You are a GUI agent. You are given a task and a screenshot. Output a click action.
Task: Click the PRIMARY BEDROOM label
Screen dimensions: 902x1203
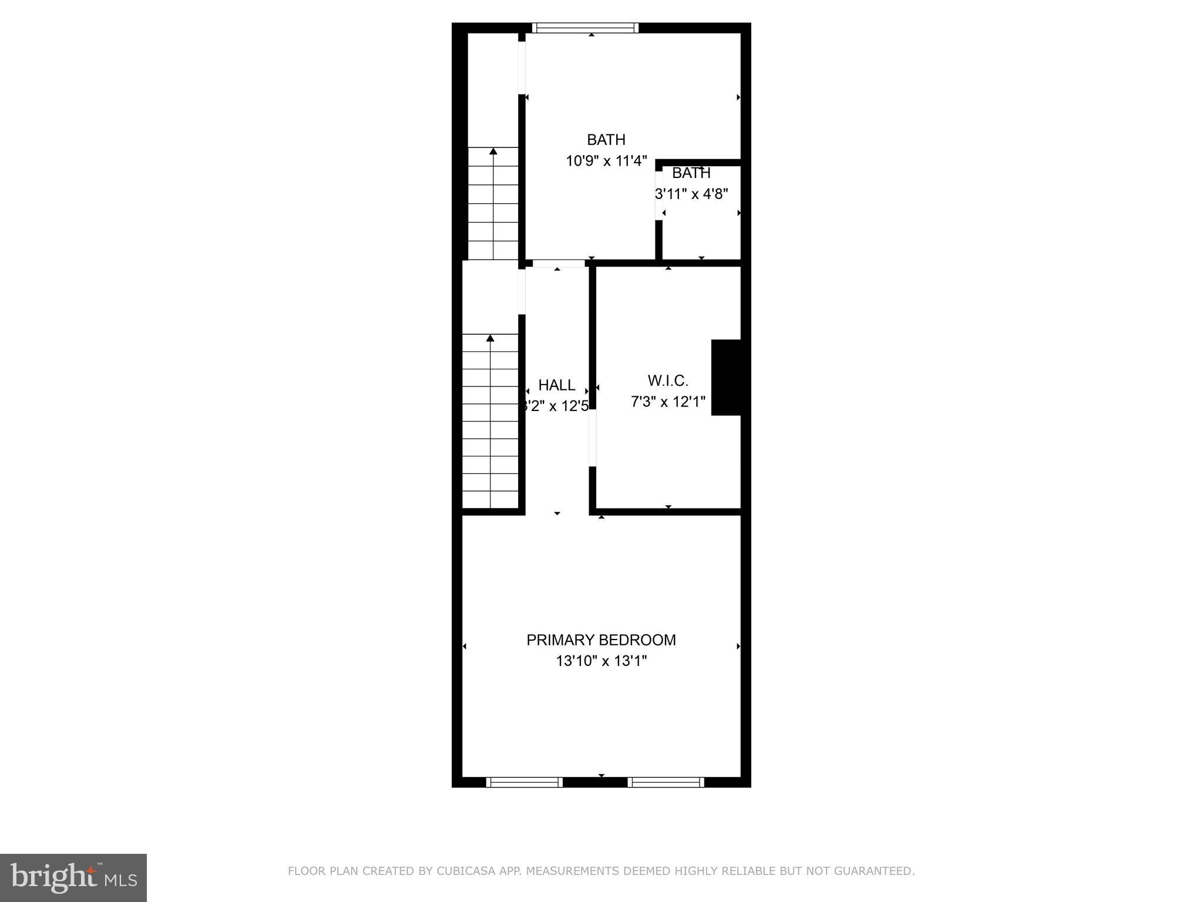[601, 640]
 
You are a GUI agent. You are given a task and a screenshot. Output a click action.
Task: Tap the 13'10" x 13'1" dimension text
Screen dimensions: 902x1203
[601, 661]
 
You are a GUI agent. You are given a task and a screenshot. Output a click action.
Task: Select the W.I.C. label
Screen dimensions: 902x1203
[668, 381]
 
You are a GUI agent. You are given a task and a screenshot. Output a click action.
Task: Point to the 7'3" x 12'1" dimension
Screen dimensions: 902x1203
[668, 402]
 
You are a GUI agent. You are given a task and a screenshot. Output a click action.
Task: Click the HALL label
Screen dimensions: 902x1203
[556, 385]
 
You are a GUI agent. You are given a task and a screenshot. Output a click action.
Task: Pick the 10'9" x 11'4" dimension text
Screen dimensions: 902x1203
[606, 161]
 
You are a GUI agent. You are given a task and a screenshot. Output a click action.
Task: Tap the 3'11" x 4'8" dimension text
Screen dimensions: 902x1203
[692, 194]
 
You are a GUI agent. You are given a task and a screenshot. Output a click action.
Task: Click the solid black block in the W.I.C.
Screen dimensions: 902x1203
[726, 378]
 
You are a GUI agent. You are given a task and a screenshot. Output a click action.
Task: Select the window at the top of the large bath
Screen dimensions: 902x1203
[585, 28]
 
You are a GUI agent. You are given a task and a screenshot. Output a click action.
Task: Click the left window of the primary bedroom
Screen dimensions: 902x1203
[525, 782]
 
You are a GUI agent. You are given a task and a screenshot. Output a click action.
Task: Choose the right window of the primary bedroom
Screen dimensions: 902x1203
[666, 782]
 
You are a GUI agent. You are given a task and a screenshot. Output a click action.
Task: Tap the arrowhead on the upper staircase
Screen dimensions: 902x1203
[493, 152]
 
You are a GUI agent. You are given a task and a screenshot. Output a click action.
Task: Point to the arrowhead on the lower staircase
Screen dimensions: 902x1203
[490, 338]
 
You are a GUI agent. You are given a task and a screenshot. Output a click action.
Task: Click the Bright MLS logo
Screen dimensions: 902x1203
[73, 878]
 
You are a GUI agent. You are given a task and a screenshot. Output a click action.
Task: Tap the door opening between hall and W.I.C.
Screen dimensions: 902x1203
[593, 438]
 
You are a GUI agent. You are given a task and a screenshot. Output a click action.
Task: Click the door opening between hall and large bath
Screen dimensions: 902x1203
[559, 264]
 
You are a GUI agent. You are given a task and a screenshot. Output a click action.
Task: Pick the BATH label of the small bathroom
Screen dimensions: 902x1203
[691, 173]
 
